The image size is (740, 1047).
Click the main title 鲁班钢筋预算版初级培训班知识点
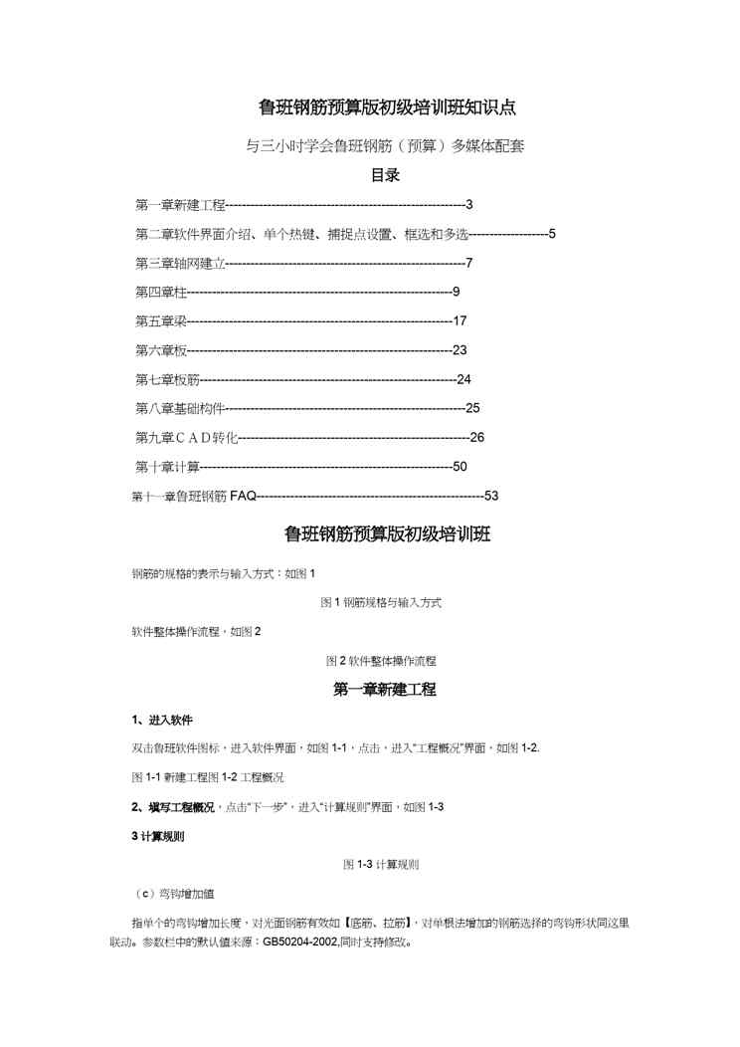[387, 106]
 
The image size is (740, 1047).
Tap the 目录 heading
[385, 175]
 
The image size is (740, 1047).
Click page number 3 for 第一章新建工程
[468, 205]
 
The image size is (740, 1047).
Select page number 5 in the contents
[551, 234]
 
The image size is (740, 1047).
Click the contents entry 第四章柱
[160, 292]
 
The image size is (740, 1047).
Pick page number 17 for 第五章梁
[460, 320]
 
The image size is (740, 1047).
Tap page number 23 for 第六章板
[460, 349]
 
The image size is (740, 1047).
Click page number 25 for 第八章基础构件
[472, 408]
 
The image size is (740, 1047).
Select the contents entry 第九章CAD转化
[186, 437]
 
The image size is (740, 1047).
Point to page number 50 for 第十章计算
[460, 466]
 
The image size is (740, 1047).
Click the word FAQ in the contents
[243, 496]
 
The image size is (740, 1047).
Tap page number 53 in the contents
[490, 496]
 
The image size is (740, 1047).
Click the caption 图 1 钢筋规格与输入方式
[381, 603]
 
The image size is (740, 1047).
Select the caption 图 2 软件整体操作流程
[381, 661]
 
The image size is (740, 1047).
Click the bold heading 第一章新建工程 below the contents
[385, 689]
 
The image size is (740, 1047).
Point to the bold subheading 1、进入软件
[162, 720]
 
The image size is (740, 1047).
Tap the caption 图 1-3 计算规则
[381, 865]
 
